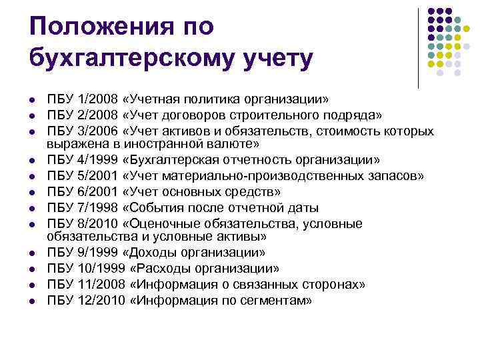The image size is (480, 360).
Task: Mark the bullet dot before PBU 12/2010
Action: [x=32, y=300]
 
